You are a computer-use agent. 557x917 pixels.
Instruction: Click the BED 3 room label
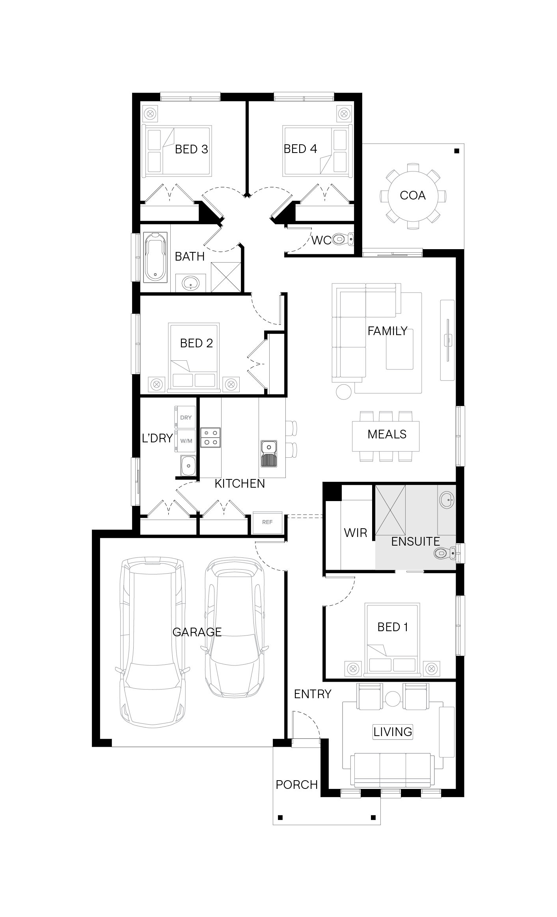191,149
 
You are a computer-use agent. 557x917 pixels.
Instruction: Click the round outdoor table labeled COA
413,196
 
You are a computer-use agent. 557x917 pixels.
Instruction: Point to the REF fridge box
267,522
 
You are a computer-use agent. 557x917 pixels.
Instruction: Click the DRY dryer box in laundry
186,417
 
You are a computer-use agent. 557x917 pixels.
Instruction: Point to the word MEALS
387,434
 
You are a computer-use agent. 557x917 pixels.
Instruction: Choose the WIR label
356,533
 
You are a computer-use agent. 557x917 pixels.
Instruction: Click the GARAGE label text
197,632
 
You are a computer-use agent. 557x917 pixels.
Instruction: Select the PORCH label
297,785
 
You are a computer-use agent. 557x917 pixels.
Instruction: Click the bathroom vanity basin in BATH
191,282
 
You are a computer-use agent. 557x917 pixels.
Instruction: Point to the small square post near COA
457,151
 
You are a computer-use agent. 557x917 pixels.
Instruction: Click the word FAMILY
387,331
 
